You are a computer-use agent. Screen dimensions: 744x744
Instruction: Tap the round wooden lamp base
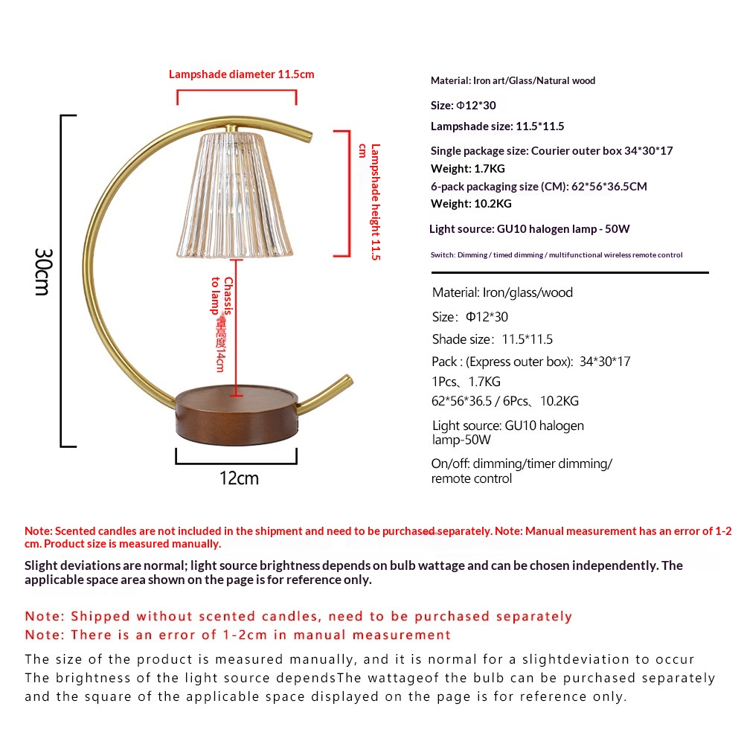coord(237,417)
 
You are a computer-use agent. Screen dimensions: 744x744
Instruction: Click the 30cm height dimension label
coord(42,271)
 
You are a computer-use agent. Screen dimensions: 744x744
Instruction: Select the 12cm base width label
coord(239,478)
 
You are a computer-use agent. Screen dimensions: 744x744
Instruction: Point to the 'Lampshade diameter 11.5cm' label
coord(241,74)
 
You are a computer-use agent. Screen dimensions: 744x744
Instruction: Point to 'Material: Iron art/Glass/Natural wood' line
coord(513,80)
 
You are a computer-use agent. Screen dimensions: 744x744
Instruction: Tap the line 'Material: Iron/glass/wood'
coord(502,292)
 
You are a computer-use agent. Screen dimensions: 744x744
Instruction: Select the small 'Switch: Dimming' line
coord(556,254)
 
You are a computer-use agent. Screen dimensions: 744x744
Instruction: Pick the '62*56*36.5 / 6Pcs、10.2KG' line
coord(505,401)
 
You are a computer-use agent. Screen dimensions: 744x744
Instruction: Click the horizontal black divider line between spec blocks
coord(568,273)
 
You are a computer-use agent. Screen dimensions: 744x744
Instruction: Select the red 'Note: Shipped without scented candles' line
coord(298,616)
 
